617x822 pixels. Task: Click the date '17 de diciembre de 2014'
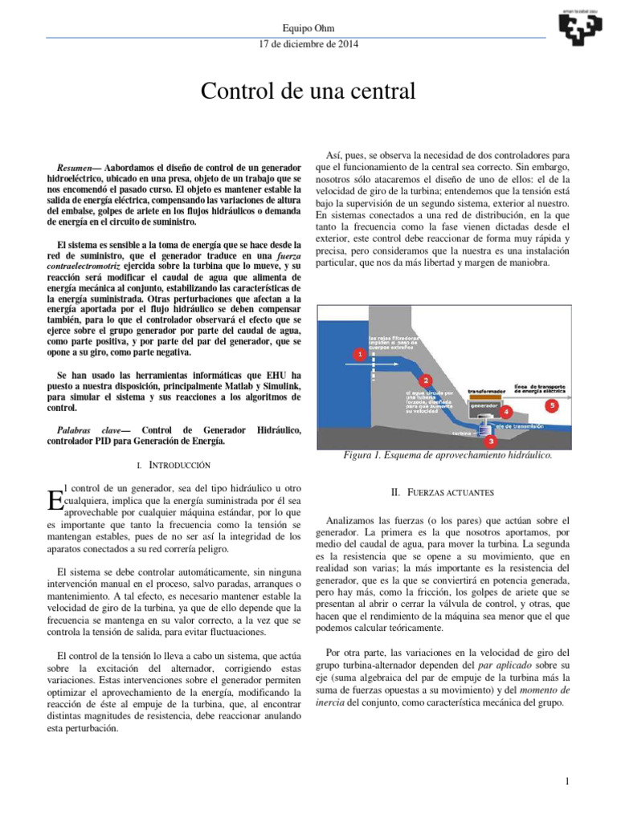pyautogui.click(x=308, y=43)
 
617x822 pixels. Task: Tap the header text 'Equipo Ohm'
pyautogui.click(x=308, y=27)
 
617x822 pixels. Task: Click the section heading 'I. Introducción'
pyautogui.click(x=174, y=464)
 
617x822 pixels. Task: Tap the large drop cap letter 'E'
pyautogui.click(x=55, y=501)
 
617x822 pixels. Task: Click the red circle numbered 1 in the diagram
pyautogui.click(x=361, y=354)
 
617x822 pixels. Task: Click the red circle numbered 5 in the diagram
pyautogui.click(x=553, y=406)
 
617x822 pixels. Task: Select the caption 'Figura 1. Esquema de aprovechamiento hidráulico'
pyautogui.click(x=447, y=455)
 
